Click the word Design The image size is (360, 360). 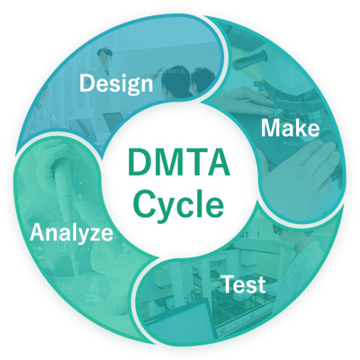116,84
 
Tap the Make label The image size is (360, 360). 290,128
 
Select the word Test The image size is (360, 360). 244,284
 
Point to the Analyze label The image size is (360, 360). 71,233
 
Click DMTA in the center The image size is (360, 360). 179,163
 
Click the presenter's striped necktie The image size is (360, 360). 107,73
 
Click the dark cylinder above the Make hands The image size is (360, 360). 250,60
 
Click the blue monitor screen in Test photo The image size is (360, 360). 181,322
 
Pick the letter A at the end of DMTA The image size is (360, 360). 218,163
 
